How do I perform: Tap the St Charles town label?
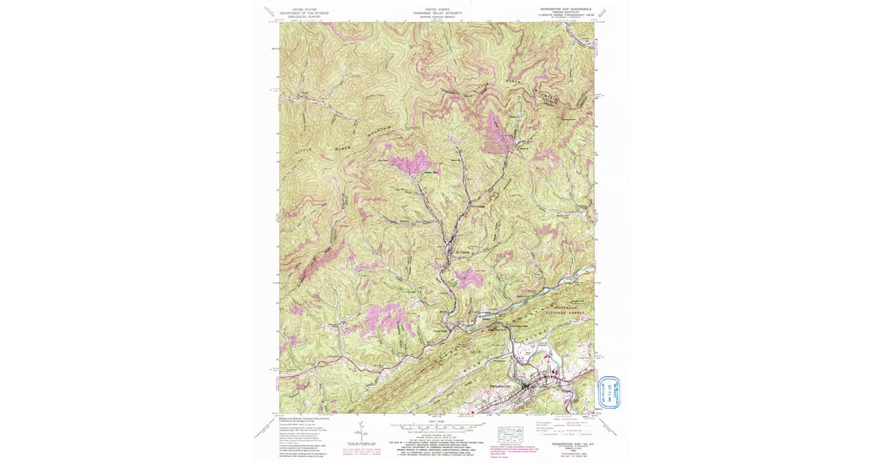[463, 255]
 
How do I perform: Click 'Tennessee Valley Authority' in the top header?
[438, 12]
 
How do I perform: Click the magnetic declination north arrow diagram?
[362, 431]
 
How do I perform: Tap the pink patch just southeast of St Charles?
[468, 278]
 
